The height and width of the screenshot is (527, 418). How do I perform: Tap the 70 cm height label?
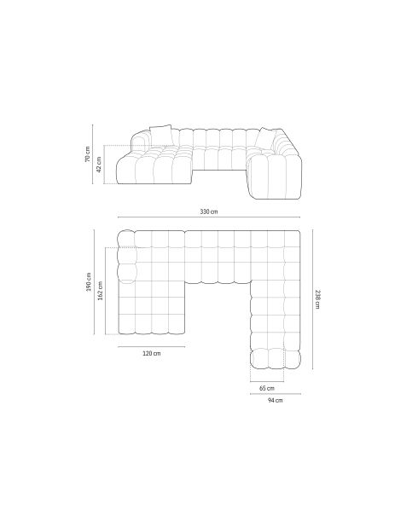click(x=87, y=154)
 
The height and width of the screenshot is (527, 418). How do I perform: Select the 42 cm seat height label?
click(x=99, y=164)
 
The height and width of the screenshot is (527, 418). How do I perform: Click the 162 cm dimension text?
click(x=100, y=291)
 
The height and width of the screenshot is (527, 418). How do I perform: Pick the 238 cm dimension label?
click(x=317, y=299)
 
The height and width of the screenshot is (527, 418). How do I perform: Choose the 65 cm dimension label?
click(x=266, y=388)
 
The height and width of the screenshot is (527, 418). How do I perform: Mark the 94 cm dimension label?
click(x=275, y=400)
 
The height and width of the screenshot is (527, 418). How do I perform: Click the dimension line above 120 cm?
click(x=151, y=347)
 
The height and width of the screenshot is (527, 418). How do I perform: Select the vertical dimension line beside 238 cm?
click(x=311, y=299)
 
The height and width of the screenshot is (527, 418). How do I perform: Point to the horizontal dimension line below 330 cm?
click(x=207, y=217)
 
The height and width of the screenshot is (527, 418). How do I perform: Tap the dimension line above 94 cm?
click(x=275, y=394)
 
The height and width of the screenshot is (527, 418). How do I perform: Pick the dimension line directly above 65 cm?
click(x=266, y=381)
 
